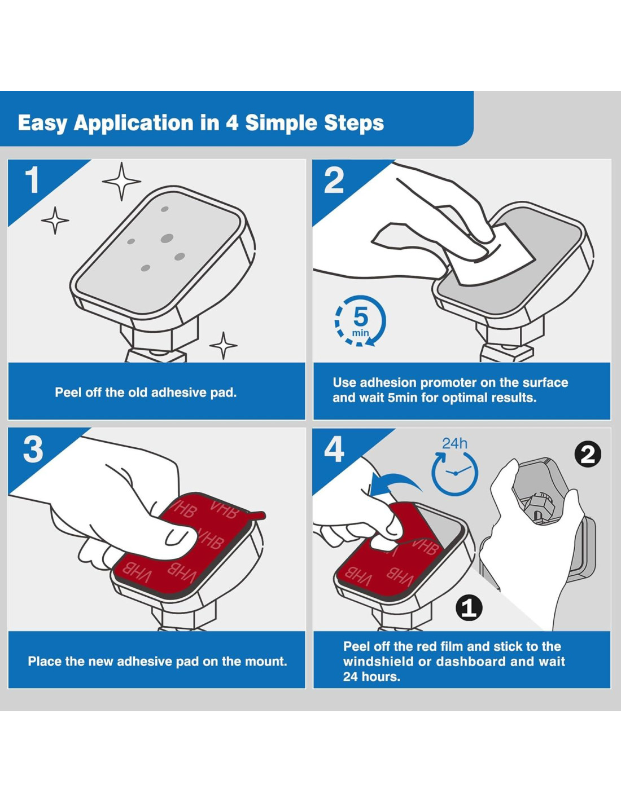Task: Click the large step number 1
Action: [32, 180]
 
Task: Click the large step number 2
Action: [334, 180]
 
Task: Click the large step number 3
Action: [33, 450]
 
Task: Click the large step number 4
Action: [334, 450]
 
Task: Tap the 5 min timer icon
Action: [360, 321]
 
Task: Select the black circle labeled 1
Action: [469, 608]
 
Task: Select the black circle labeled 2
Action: [587, 455]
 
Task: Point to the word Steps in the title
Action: [354, 123]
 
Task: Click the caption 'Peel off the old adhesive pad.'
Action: [146, 393]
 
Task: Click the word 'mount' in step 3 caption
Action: [264, 661]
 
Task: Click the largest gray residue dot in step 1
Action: [167, 239]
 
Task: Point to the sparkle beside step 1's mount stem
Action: [224, 346]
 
